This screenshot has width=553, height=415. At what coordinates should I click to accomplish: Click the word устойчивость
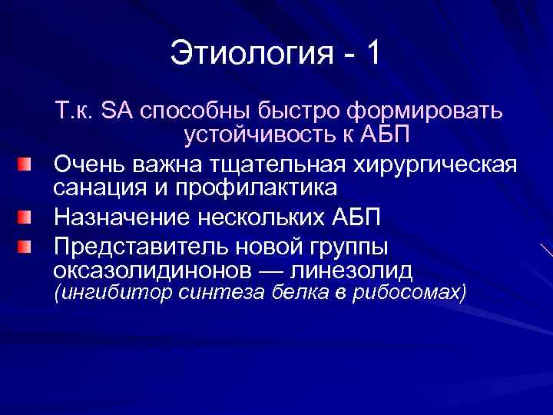(x=256, y=135)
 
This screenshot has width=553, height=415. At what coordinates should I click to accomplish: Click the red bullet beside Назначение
(x=27, y=217)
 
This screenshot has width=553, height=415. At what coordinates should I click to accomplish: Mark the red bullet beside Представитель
(x=27, y=246)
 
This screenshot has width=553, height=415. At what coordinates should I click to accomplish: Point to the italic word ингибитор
(x=106, y=293)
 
